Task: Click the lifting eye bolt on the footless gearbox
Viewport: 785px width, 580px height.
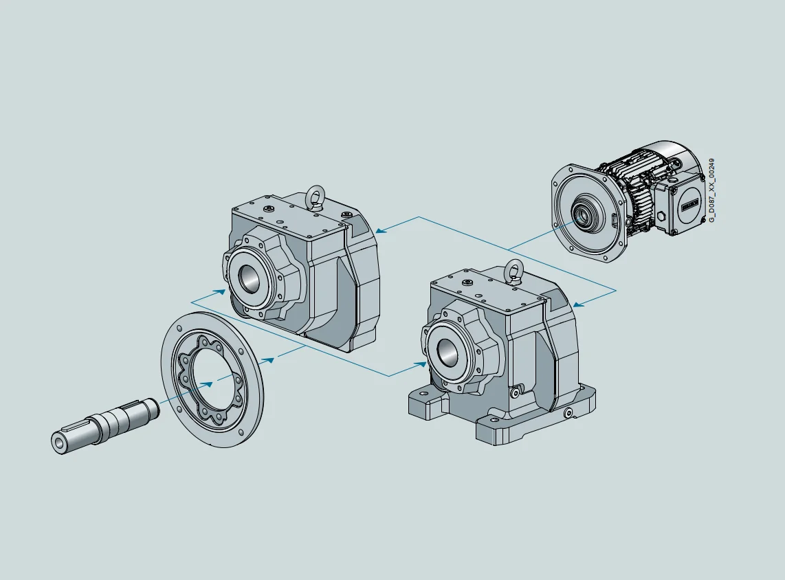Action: click(316, 196)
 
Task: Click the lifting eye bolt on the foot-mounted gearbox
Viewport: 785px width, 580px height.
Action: click(513, 270)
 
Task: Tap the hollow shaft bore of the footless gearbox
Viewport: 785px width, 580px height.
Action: click(247, 278)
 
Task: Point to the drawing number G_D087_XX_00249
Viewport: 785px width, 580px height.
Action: click(712, 189)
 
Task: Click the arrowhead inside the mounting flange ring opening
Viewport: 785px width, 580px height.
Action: click(206, 383)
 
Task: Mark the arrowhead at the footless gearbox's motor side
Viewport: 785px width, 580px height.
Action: click(380, 231)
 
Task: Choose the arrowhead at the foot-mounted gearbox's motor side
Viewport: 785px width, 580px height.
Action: click(577, 304)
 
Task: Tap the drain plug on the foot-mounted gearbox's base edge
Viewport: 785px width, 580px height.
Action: click(568, 414)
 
